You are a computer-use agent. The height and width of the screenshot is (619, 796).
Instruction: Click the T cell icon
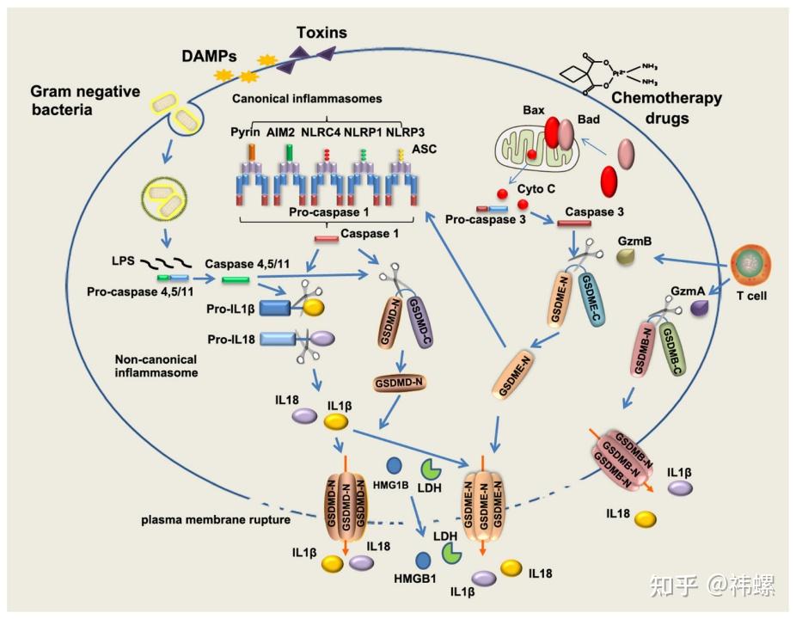[750, 264]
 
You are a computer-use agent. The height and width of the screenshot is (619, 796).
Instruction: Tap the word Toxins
[321, 33]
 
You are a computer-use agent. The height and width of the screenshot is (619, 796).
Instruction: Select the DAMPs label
[209, 56]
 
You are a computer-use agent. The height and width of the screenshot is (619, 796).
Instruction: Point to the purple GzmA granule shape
[700, 309]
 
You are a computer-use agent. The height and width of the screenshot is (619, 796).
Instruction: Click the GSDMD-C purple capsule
[419, 322]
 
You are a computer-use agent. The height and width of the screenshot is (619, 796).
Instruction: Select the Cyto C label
[536, 189]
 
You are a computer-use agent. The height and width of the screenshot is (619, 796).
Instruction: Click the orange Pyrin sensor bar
[251, 152]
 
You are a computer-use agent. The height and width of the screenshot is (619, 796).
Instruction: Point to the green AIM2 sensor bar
[290, 152]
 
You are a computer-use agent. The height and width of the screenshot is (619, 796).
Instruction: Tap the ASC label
[425, 150]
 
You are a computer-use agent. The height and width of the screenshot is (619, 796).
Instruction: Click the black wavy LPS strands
[166, 263]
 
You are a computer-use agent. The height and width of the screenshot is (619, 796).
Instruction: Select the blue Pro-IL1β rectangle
[274, 309]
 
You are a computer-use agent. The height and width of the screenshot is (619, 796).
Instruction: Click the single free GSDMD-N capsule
[400, 383]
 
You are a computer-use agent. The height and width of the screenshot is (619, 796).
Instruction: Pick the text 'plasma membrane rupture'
[216, 520]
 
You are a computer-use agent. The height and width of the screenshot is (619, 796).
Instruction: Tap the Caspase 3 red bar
[574, 224]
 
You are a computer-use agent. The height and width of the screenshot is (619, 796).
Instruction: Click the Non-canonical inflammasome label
[156, 366]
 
